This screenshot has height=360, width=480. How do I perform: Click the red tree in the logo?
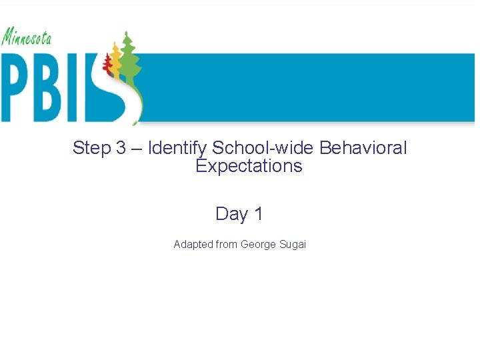coord(107,63)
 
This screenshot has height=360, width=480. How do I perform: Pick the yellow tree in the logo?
coord(116,58)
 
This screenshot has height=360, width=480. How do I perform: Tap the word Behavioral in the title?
coord(363,148)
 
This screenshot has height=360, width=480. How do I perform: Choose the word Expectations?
coord(249,166)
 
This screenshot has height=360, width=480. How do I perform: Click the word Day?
coord(231,214)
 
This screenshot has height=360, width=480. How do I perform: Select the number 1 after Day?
coord(259,214)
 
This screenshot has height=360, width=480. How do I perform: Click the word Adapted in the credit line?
coord(193,245)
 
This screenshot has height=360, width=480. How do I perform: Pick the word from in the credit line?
coord(227,245)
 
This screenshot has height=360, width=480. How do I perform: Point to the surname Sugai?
coord(292,245)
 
